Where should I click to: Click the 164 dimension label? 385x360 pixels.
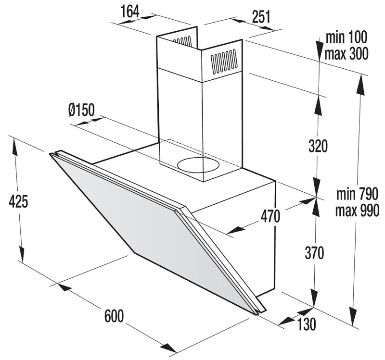point(130,11)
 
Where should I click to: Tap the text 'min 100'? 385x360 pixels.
point(346,37)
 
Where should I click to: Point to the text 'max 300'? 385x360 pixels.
point(346,53)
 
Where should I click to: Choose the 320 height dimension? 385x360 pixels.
point(318,146)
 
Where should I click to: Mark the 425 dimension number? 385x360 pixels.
point(18,201)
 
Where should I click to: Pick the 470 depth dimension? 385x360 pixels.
point(270,216)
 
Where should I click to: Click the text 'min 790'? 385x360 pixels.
point(357,194)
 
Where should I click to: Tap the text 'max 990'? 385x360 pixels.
point(357,211)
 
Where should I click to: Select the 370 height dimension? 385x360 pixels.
point(315,253)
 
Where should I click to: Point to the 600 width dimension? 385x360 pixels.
point(114,316)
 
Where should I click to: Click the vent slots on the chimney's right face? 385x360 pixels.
point(223,62)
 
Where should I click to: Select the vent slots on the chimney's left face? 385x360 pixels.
point(182,41)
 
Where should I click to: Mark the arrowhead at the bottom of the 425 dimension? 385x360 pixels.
point(22,255)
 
